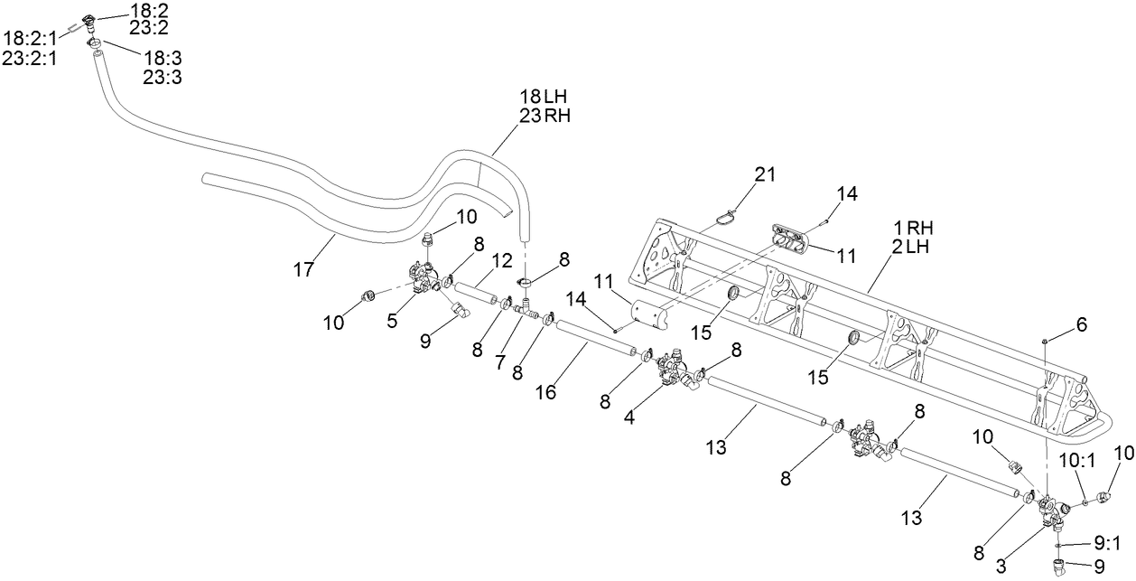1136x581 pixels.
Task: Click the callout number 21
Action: coord(766,173)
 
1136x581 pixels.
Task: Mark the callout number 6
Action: coord(1082,323)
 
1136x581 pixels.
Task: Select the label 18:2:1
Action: coord(31,38)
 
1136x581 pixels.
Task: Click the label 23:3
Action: coord(163,78)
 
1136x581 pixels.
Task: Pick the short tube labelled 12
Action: coord(477,294)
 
